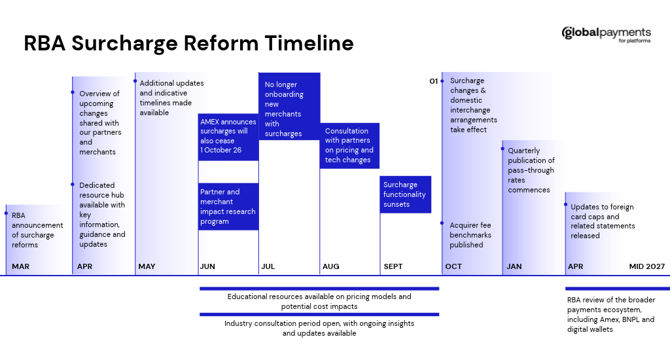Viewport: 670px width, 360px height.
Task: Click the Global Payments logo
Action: click(606, 34)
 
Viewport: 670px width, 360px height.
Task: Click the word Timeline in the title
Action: click(309, 43)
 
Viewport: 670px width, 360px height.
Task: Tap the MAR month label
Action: click(20, 266)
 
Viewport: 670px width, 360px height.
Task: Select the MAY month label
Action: click(147, 266)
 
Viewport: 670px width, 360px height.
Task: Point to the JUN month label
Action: click(207, 266)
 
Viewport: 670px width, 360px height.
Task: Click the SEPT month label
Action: click(393, 266)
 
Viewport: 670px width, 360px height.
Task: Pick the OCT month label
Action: click(453, 266)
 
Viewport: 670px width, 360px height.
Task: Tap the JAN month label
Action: click(514, 266)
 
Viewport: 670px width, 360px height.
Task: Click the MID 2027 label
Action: click(647, 266)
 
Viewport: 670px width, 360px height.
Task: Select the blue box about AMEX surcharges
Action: click(228, 137)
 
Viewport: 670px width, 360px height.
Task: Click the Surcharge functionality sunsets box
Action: click(406, 194)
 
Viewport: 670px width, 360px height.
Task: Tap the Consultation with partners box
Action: click(349, 146)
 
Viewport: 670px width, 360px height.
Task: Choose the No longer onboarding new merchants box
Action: click(289, 107)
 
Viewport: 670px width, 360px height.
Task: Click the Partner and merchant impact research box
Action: click(228, 206)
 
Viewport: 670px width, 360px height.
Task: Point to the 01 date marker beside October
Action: click(434, 81)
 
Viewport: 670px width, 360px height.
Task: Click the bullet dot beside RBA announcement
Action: click(6, 213)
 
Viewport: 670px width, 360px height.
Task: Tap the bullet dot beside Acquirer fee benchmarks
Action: click(442, 223)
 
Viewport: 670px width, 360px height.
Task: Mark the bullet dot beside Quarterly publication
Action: click(502, 149)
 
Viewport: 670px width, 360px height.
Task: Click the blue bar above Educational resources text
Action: click(319, 289)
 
